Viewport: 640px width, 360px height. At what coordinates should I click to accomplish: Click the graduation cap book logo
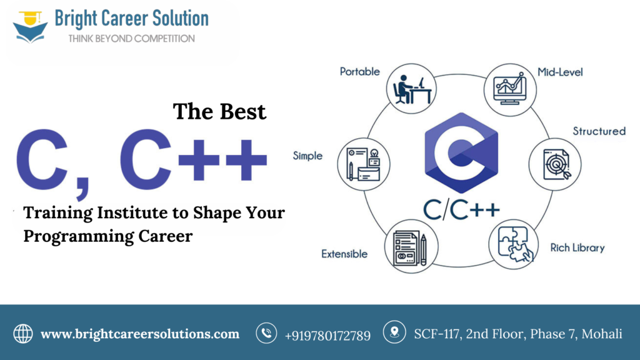point(30,27)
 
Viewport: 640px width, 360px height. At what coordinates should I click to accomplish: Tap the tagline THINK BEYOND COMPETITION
point(131,39)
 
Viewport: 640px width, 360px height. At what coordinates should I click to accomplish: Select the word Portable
point(359,72)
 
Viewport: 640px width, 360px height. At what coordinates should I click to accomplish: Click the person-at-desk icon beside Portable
point(411,89)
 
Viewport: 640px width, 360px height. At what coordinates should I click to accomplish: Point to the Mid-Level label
point(560,72)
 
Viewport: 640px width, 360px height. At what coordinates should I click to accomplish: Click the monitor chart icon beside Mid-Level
point(510,89)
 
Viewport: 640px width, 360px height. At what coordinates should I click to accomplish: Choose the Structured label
point(599,131)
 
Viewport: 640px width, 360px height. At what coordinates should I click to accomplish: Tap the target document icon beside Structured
point(555,164)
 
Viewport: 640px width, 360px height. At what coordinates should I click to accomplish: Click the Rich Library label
point(577,247)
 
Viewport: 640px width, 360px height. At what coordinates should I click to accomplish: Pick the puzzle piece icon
point(514,244)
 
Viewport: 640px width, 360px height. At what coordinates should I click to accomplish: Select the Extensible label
point(344,254)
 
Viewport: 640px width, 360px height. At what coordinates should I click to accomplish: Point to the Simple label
point(307,156)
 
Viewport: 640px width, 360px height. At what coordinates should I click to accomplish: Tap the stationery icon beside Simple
point(364,164)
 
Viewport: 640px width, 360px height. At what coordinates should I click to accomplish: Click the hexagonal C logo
point(461,152)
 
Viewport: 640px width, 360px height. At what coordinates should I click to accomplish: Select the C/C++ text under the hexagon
point(461,210)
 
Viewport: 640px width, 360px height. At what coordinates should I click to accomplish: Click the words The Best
point(219,111)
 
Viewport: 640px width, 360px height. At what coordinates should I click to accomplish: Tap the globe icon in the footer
point(23,334)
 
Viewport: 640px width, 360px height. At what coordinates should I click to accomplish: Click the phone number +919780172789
point(327,336)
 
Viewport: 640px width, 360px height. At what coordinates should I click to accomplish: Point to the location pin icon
point(394,332)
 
